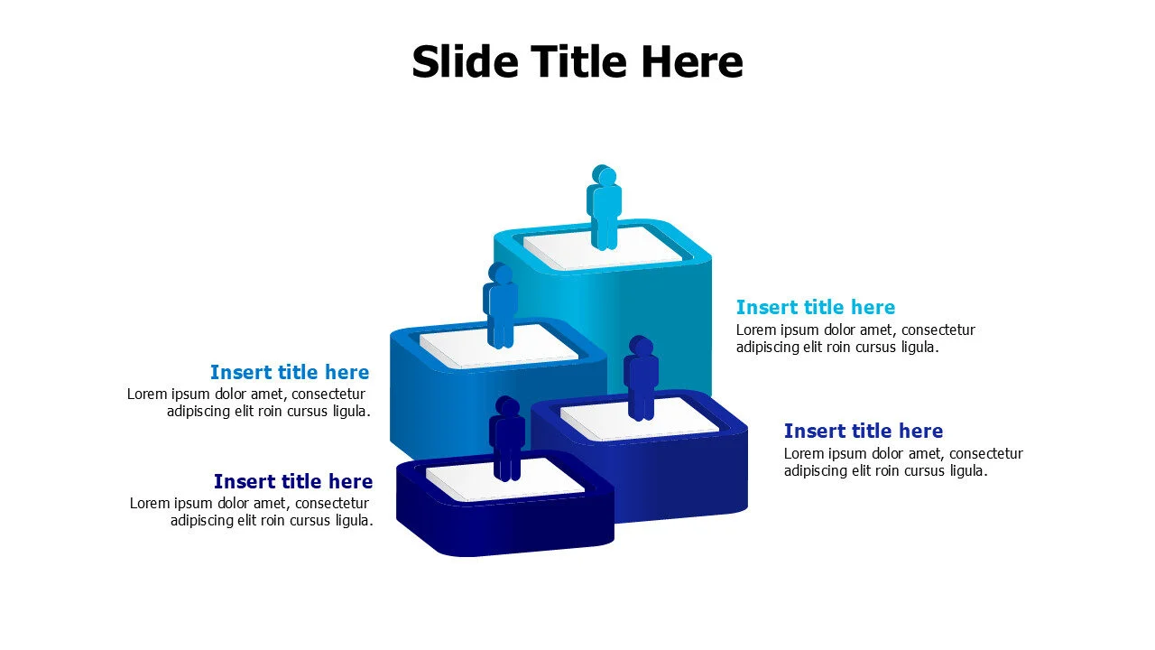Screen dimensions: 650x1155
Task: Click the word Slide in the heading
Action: (465, 62)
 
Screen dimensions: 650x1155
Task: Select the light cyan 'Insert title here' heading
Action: (816, 307)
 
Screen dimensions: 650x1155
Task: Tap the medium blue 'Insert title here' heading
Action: (290, 372)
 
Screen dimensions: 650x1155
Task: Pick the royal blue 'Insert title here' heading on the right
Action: (864, 431)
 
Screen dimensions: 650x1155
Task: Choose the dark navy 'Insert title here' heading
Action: (293, 481)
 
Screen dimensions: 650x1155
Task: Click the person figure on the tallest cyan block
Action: (604, 209)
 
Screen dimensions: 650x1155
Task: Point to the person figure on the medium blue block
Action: (500, 307)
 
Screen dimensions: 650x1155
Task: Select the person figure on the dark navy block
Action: (507, 440)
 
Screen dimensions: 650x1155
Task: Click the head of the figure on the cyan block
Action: (604, 175)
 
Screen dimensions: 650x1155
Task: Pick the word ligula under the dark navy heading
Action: (351, 521)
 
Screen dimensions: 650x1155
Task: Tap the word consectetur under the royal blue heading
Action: (986, 454)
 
